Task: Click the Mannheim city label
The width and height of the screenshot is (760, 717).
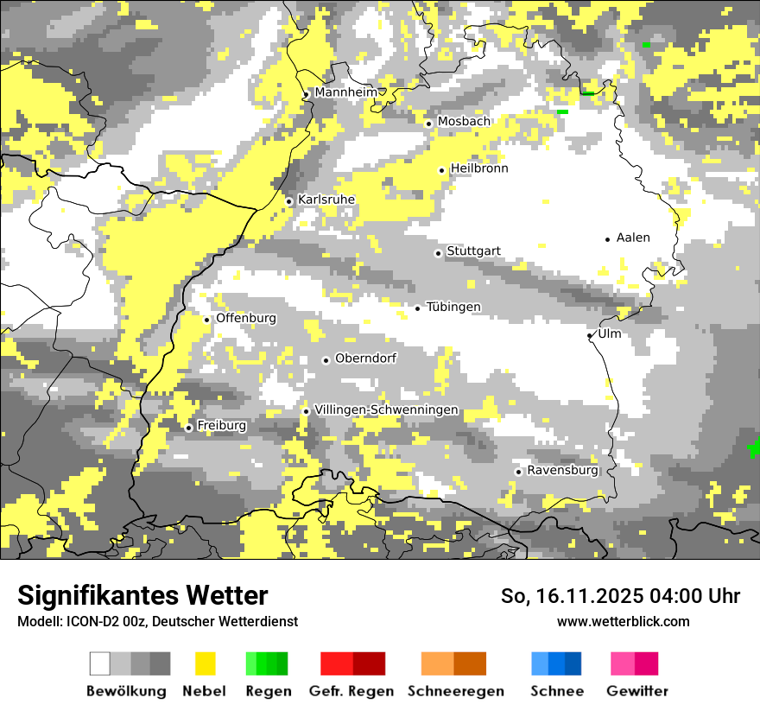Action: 345,92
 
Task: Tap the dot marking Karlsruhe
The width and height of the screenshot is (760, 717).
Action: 289,201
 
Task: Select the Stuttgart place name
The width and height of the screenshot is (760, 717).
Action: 473,251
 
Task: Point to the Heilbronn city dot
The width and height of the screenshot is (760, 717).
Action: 442,170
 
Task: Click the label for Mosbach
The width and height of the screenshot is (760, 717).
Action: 464,122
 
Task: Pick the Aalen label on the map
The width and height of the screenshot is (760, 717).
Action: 633,238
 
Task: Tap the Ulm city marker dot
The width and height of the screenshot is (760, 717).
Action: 590,335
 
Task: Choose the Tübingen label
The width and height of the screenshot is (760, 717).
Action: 453,308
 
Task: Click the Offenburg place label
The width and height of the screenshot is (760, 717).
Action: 246,318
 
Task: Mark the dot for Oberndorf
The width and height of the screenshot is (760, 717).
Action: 326,360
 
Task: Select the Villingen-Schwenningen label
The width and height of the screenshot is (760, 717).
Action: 386,410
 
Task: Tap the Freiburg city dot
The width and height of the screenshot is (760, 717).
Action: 188,428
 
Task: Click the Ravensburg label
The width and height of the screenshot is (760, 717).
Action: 562,471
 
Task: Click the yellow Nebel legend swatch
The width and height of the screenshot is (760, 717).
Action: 206,663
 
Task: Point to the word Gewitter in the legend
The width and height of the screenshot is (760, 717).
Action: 637,691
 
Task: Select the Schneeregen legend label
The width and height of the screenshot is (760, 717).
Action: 455,691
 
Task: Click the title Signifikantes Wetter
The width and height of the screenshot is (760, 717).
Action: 142,595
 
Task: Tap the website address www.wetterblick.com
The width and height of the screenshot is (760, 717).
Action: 623,621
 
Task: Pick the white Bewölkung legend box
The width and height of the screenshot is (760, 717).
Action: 100,663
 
